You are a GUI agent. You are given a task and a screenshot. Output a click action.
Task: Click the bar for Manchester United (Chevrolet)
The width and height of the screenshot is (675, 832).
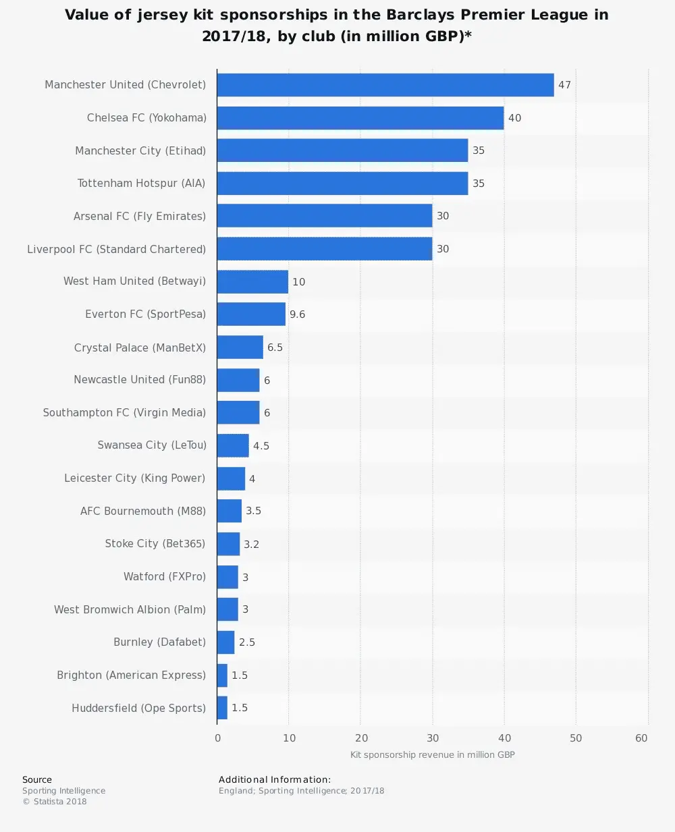point(385,85)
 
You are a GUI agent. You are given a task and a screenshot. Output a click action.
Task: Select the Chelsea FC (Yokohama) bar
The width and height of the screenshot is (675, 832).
point(360,118)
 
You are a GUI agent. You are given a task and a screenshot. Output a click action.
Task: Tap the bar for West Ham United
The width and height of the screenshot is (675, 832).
point(252,282)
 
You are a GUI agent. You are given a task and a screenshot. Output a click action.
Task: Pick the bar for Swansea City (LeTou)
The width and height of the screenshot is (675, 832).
point(233,446)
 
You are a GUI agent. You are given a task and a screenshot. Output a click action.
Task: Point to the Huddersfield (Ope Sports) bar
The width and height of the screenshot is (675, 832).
point(222,708)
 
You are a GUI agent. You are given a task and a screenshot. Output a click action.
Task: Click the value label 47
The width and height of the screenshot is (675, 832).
point(564,85)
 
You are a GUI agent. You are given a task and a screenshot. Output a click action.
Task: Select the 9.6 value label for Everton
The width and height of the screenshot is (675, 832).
point(297,314)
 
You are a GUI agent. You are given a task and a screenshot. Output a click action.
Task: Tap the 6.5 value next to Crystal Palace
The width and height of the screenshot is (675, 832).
point(275,348)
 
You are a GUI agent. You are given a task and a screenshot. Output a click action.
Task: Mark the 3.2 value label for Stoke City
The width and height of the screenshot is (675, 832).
point(251,545)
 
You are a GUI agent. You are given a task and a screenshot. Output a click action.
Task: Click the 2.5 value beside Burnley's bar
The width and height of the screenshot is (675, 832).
point(247,642)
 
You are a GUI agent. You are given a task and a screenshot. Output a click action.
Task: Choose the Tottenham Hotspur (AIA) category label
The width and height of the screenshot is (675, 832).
point(141,184)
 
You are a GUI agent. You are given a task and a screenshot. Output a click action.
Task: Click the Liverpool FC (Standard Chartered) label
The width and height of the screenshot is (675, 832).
point(116,249)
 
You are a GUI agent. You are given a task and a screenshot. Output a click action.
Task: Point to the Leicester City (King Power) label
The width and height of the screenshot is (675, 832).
point(134,478)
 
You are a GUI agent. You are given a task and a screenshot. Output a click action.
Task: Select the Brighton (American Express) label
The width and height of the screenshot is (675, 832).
point(131,675)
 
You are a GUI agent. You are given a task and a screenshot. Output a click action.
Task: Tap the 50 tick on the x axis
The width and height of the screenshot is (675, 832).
point(576,738)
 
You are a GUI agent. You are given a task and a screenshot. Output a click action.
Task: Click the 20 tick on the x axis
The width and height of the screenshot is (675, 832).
point(361,738)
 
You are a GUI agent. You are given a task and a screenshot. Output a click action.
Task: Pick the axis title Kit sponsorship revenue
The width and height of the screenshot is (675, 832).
point(432,755)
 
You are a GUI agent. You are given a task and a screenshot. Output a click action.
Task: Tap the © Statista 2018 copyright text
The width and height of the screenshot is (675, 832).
point(55,802)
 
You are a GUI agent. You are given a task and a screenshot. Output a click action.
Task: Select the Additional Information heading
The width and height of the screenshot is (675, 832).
point(275,779)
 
